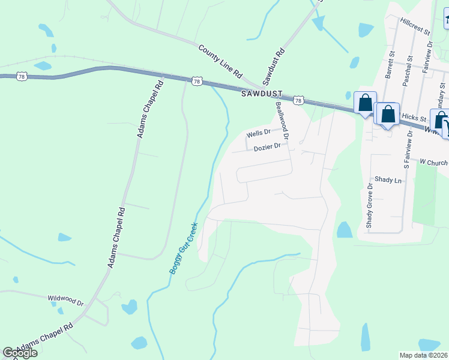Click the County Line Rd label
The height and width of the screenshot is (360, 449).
point(220,61)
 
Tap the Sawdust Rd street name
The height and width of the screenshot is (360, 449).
point(273,67)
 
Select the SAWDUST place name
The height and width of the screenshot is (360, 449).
point(261,94)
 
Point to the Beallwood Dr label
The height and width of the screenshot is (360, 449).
point(282,121)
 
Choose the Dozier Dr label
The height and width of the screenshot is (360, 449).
point(267,147)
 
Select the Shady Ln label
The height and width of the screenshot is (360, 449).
point(388,180)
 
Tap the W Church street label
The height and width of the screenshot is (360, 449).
point(434,162)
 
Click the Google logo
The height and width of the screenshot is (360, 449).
point(20,353)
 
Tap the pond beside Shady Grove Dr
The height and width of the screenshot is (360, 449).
point(345,230)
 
